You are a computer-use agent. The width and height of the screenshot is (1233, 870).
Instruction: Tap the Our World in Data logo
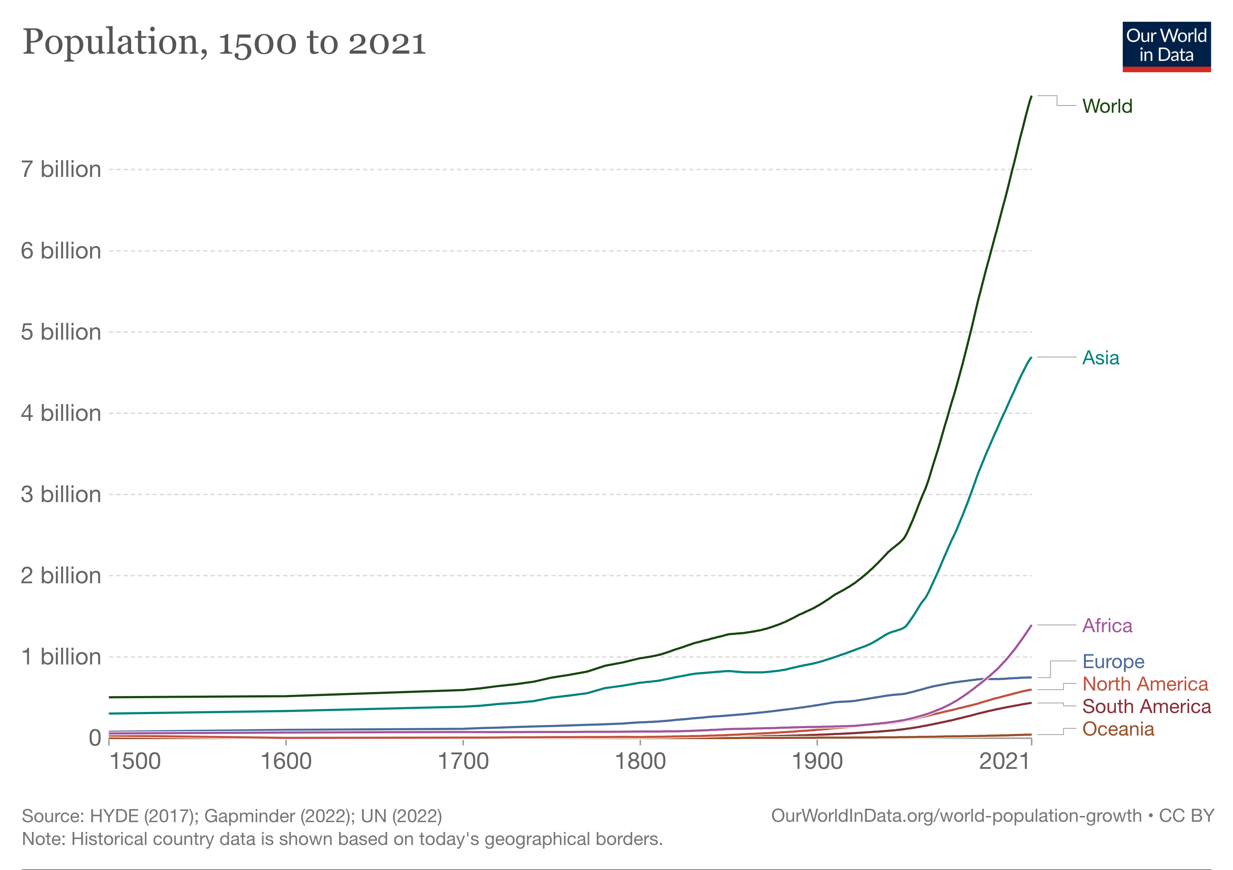[1166, 46]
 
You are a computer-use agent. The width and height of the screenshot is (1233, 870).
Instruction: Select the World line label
[1107, 106]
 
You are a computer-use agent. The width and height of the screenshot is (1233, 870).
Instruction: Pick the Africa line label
[1107, 625]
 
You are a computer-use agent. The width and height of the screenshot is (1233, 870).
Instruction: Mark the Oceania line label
[1118, 729]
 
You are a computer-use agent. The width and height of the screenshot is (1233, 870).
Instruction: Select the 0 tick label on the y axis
[95, 738]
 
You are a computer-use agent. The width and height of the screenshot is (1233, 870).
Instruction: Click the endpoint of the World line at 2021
[1031, 96]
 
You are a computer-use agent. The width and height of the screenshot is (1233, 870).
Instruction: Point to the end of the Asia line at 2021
[1031, 357]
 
